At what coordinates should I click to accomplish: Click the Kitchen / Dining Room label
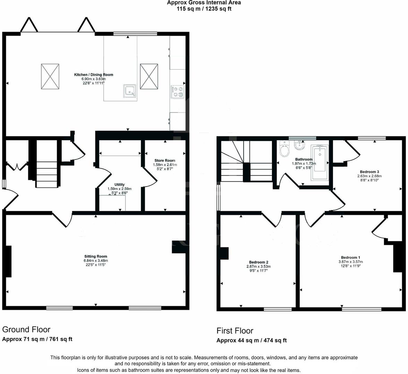(93, 74)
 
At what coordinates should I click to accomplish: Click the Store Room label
(165, 160)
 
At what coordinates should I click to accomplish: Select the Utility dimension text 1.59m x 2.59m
(119, 189)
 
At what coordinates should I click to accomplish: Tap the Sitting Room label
(95, 256)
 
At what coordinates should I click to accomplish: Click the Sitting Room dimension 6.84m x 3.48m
(95, 260)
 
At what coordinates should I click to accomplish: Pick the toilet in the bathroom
(284, 149)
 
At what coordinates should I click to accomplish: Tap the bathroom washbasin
(298, 146)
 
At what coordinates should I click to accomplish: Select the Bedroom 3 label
(369, 172)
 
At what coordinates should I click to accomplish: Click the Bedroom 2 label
(258, 262)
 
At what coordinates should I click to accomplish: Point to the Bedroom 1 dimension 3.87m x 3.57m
(350, 262)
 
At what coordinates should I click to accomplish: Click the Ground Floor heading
(26, 329)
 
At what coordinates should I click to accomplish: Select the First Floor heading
(235, 331)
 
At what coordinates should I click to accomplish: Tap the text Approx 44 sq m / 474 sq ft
(252, 340)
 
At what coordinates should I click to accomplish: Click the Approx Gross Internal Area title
(204, 3)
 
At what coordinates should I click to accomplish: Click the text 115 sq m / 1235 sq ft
(204, 9)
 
